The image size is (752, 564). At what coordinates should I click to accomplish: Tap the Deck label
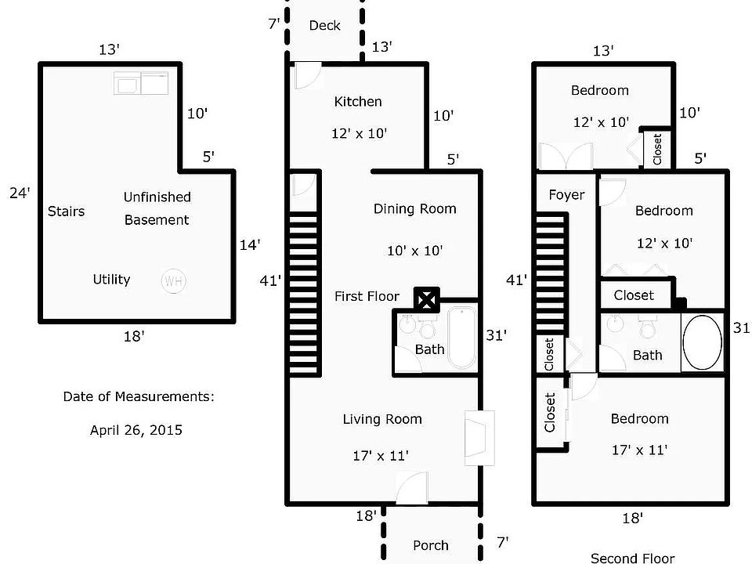[x=324, y=25]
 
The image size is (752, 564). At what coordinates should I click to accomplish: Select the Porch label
[x=431, y=545]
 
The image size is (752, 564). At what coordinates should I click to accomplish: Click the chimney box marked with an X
[x=427, y=298]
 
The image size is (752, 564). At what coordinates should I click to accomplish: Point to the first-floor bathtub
[x=461, y=338]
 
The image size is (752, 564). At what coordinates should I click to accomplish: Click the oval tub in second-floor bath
[x=703, y=342]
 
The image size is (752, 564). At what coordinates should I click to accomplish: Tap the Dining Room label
[x=414, y=208]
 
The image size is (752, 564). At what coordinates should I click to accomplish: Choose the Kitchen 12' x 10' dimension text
[x=359, y=133]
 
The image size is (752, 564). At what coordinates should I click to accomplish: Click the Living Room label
[x=382, y=419]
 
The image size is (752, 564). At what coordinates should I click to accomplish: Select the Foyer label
[x=566, y=194]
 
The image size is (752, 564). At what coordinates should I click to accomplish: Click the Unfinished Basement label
[x=157, y=208]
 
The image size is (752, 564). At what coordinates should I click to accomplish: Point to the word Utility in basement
[x=111, y=279]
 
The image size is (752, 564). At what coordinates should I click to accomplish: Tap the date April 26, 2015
[x=136, y=429]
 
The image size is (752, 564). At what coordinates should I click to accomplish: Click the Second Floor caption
[x=632, y=559]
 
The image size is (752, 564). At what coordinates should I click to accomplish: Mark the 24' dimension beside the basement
[x=20, y=192]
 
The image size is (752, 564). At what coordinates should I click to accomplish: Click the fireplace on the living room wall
[x=477, y=439]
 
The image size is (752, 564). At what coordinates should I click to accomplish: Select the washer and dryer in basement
[x=141, y=82]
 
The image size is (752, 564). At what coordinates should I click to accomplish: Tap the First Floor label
[x=367, y=296]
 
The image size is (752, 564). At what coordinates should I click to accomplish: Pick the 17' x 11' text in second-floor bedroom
[x=639, y=450]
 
